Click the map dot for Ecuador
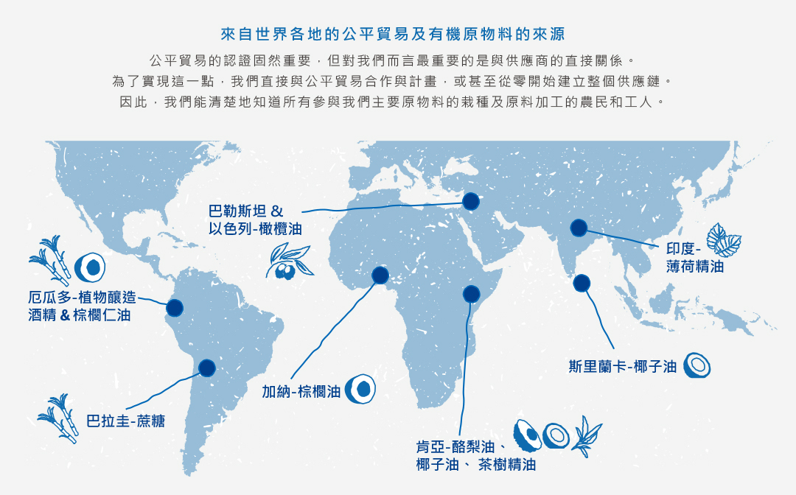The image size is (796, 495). coord(175,308)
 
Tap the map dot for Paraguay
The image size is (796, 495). coord(207,367)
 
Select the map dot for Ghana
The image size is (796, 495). coord(380,275)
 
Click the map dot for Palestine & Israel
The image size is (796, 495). coord(470,201)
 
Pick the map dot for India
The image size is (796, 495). coord(579,228)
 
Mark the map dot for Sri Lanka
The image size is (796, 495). coord(582,282)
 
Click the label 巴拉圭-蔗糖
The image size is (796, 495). coord(125,421)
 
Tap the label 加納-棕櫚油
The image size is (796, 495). coord(301,391)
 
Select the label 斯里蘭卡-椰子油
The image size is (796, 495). coord(623,366)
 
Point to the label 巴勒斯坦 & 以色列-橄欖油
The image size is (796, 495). coord(255,220)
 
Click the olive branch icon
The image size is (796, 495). coord(289,261)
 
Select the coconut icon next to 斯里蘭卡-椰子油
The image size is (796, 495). coord(696,365)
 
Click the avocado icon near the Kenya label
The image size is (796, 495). coord(526,435)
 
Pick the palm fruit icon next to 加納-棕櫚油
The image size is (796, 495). coord(360,388)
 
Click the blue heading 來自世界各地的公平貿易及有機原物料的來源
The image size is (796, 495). coord(398,34)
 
